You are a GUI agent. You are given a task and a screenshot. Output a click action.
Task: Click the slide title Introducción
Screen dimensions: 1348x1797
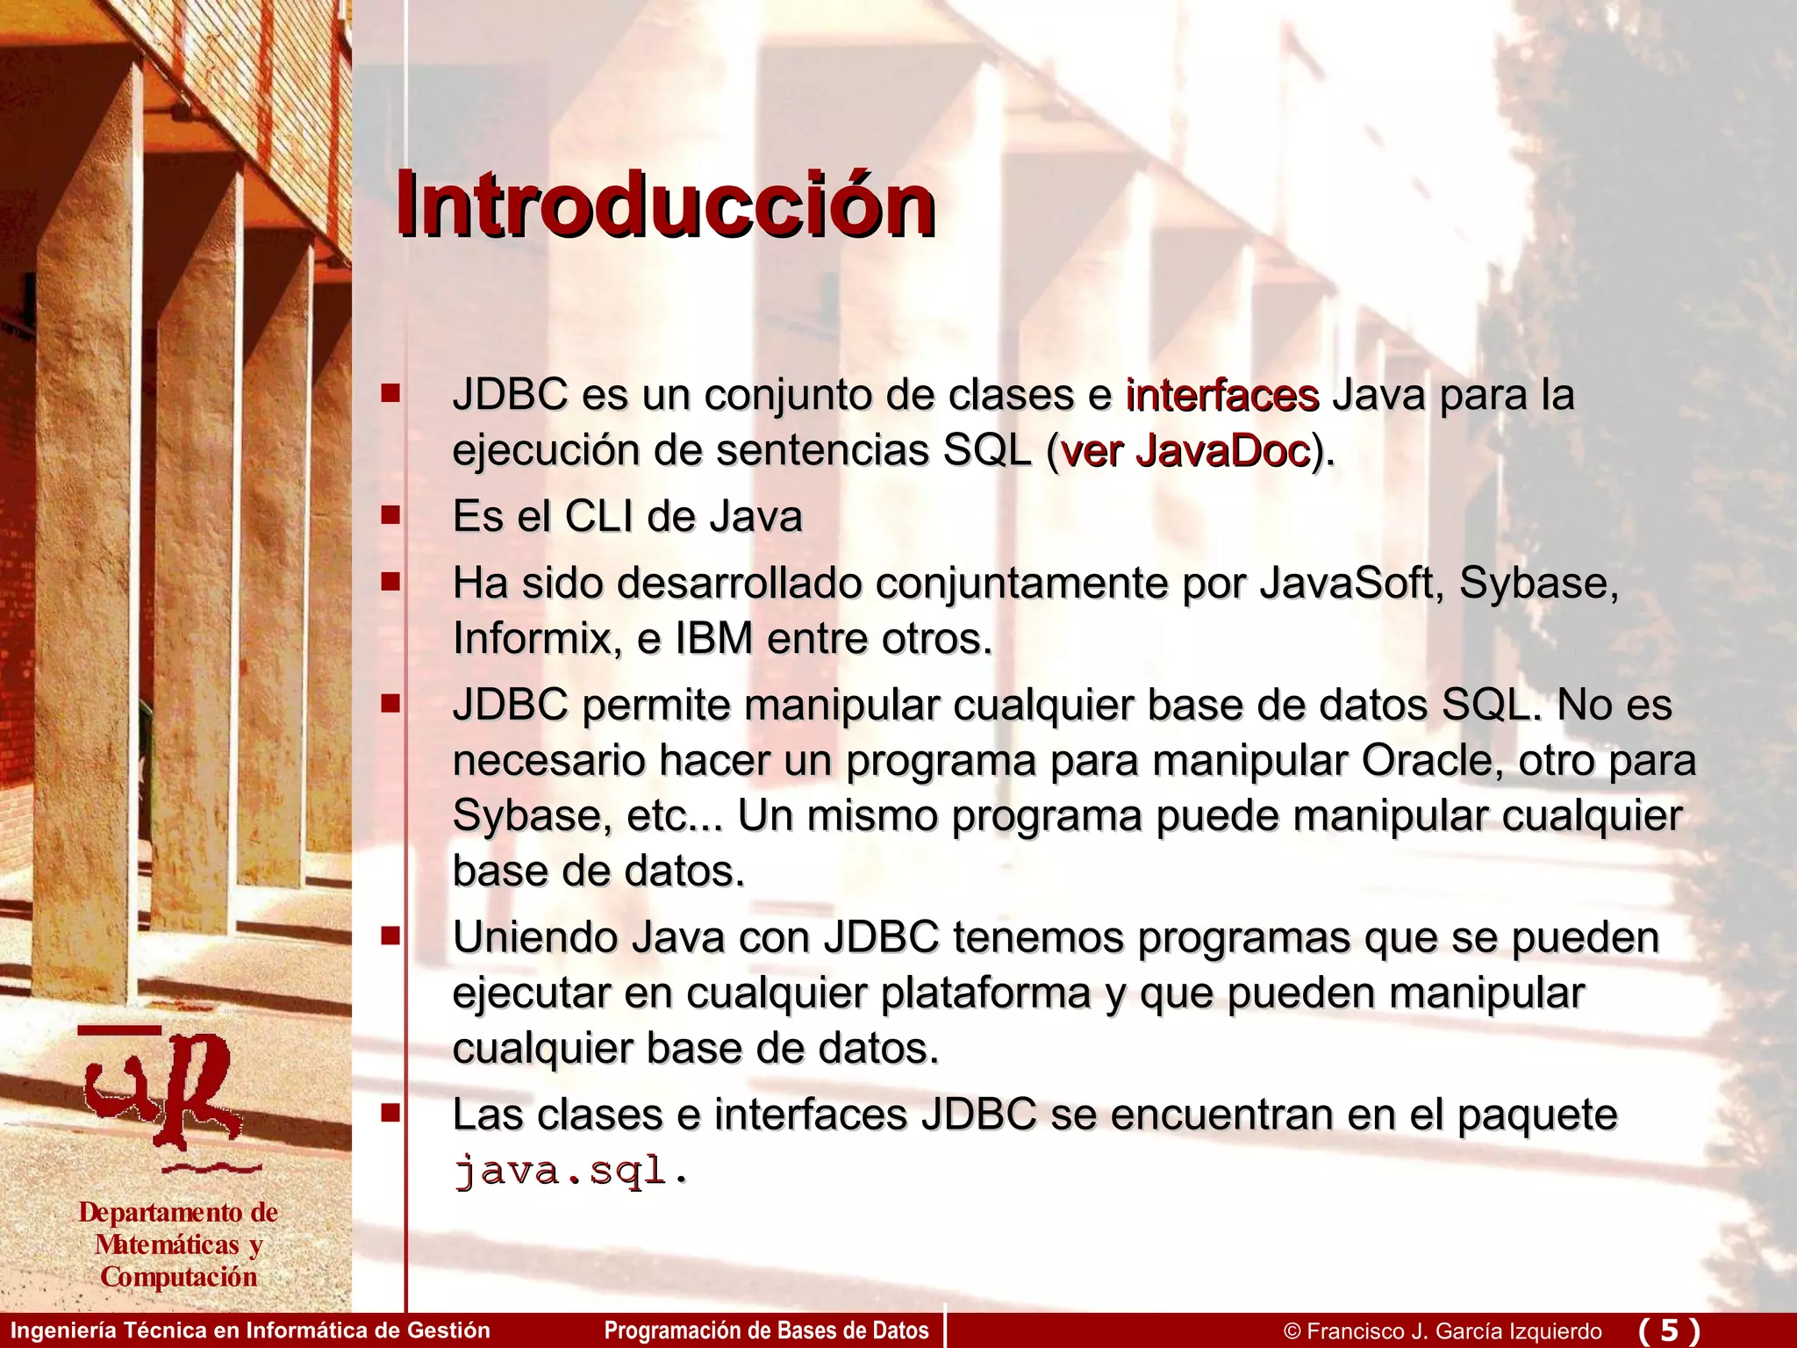click(664, 205)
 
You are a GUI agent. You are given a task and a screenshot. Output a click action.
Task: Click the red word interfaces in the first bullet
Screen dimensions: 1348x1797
click(1221, 395)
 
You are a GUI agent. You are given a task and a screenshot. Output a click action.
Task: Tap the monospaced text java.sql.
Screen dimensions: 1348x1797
click(570, 1171)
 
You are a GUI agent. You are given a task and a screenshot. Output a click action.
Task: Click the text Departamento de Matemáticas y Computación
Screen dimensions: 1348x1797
click(178, 1244)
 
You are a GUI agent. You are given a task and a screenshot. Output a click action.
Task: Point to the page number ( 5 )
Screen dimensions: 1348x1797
click(1669, 1330)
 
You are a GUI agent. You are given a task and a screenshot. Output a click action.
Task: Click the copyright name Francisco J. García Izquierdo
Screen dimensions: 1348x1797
click(1453, 1331)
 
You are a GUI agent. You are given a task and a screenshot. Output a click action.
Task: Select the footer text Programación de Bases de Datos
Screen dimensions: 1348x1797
click(766, 1330)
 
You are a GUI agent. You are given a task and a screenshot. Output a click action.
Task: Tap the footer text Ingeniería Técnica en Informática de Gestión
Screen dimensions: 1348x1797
click(250, 1330)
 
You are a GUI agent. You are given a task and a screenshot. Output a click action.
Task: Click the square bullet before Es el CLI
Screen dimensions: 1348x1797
click(390, 514)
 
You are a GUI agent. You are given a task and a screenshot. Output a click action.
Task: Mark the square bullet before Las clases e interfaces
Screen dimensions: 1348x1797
click(390, 1114)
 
